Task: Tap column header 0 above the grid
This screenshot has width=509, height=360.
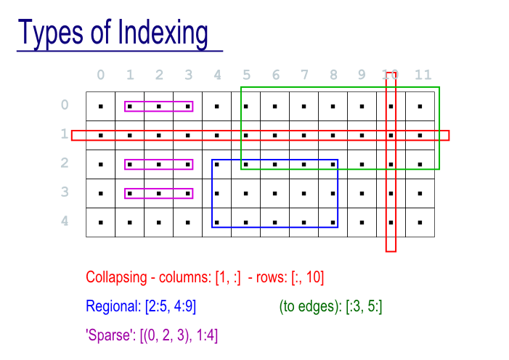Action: [100, 75]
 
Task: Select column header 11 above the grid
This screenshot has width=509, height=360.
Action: [423, 75]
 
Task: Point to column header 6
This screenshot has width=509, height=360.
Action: [275, 75]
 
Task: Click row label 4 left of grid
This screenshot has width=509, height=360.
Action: [65, 221]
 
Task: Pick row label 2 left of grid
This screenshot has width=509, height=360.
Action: [65, 163]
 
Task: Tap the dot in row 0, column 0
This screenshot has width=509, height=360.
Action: [100, 106]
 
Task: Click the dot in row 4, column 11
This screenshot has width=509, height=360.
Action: [420, 222]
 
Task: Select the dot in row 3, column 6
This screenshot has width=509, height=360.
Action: [274, 193]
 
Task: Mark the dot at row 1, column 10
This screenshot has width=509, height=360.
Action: [391, 135]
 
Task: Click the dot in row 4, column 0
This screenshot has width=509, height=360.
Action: [100, 222]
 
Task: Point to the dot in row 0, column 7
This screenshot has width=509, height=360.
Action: [304, 106]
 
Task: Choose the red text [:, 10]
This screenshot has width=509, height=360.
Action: [306, 277]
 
